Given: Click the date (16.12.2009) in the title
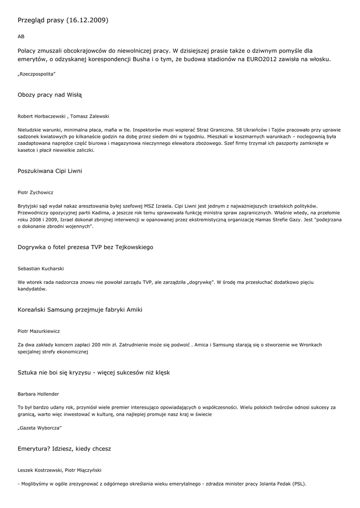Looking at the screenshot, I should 87,20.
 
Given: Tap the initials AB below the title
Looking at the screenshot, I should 21,37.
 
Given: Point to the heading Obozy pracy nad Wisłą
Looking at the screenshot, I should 50,94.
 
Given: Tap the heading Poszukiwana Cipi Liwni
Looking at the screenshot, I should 50,171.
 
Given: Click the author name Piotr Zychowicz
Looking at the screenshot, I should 35,192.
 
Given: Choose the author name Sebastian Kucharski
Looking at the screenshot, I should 41,268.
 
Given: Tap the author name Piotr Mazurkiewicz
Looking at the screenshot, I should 39,331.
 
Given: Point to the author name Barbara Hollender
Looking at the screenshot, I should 38,394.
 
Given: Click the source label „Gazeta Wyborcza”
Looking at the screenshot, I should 40,428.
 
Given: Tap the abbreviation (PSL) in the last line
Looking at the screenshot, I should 299,484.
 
